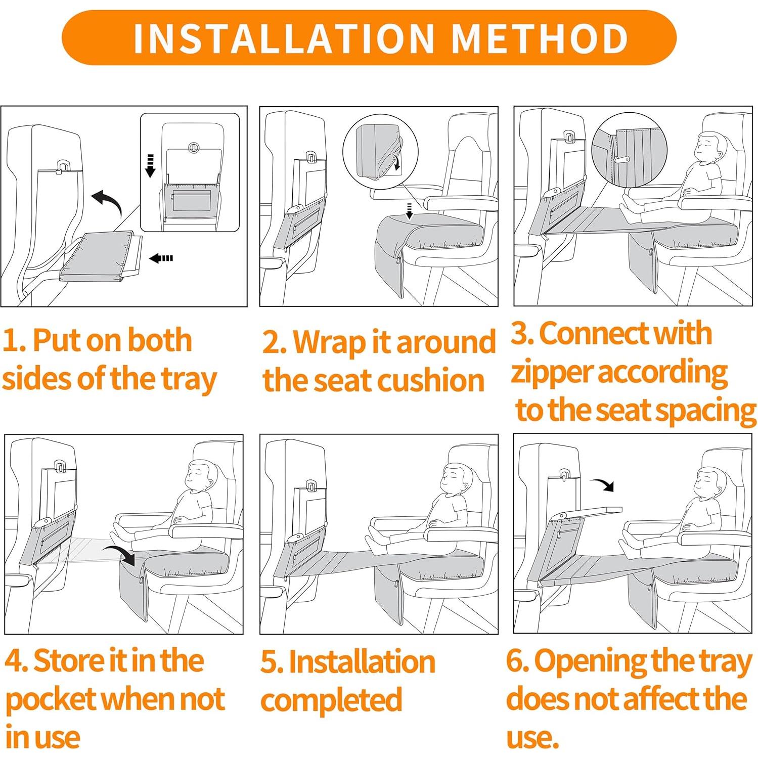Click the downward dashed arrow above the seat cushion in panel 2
[x=410, y=211]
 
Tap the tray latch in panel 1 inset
[x=194, y=148]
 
